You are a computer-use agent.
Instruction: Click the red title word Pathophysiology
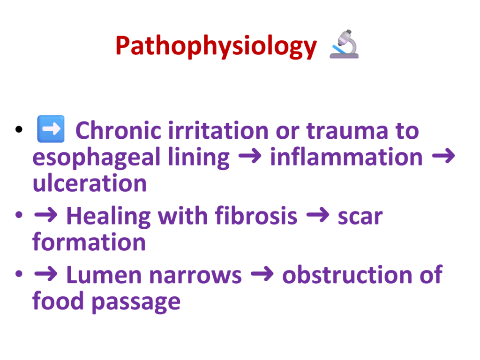tap(216, 46)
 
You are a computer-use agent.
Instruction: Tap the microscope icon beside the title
tap(345, 44)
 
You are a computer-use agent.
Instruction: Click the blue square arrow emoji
tap(51, 129)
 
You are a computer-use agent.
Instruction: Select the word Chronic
tap(118, 131)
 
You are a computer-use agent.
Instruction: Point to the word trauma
tap(347, 132)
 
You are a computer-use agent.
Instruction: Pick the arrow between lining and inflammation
tap(250, 156)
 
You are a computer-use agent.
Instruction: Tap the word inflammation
tap(346, 157)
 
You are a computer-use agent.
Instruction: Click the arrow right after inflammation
tap(443, 156)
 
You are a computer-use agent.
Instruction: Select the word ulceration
tap(90, 183)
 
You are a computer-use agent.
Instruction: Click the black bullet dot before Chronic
tap(19, 129)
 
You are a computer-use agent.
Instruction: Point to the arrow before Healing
tap(45, 215)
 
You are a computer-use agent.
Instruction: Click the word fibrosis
tap(256, 216)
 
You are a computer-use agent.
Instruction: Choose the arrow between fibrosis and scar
tap(318, 215)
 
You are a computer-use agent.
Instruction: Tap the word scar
tap(360, 217)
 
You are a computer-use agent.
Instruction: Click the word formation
tap(89, 242)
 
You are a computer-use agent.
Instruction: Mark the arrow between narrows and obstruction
tap(262, 274)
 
